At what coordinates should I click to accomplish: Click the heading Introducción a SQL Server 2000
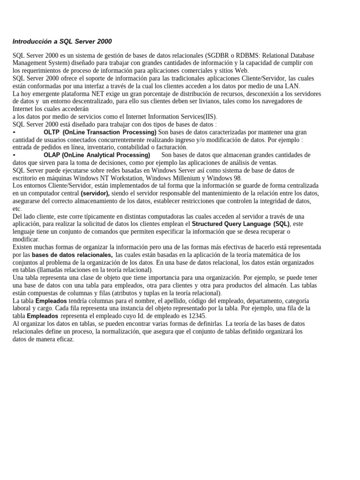(62, 42)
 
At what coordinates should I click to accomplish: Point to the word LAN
(292, 86)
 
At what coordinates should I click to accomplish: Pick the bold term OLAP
(52, 155)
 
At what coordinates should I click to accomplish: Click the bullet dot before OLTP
(14, 133)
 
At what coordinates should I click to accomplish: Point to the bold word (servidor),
(95, 194)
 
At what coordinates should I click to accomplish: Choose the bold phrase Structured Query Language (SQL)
(241, 224)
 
